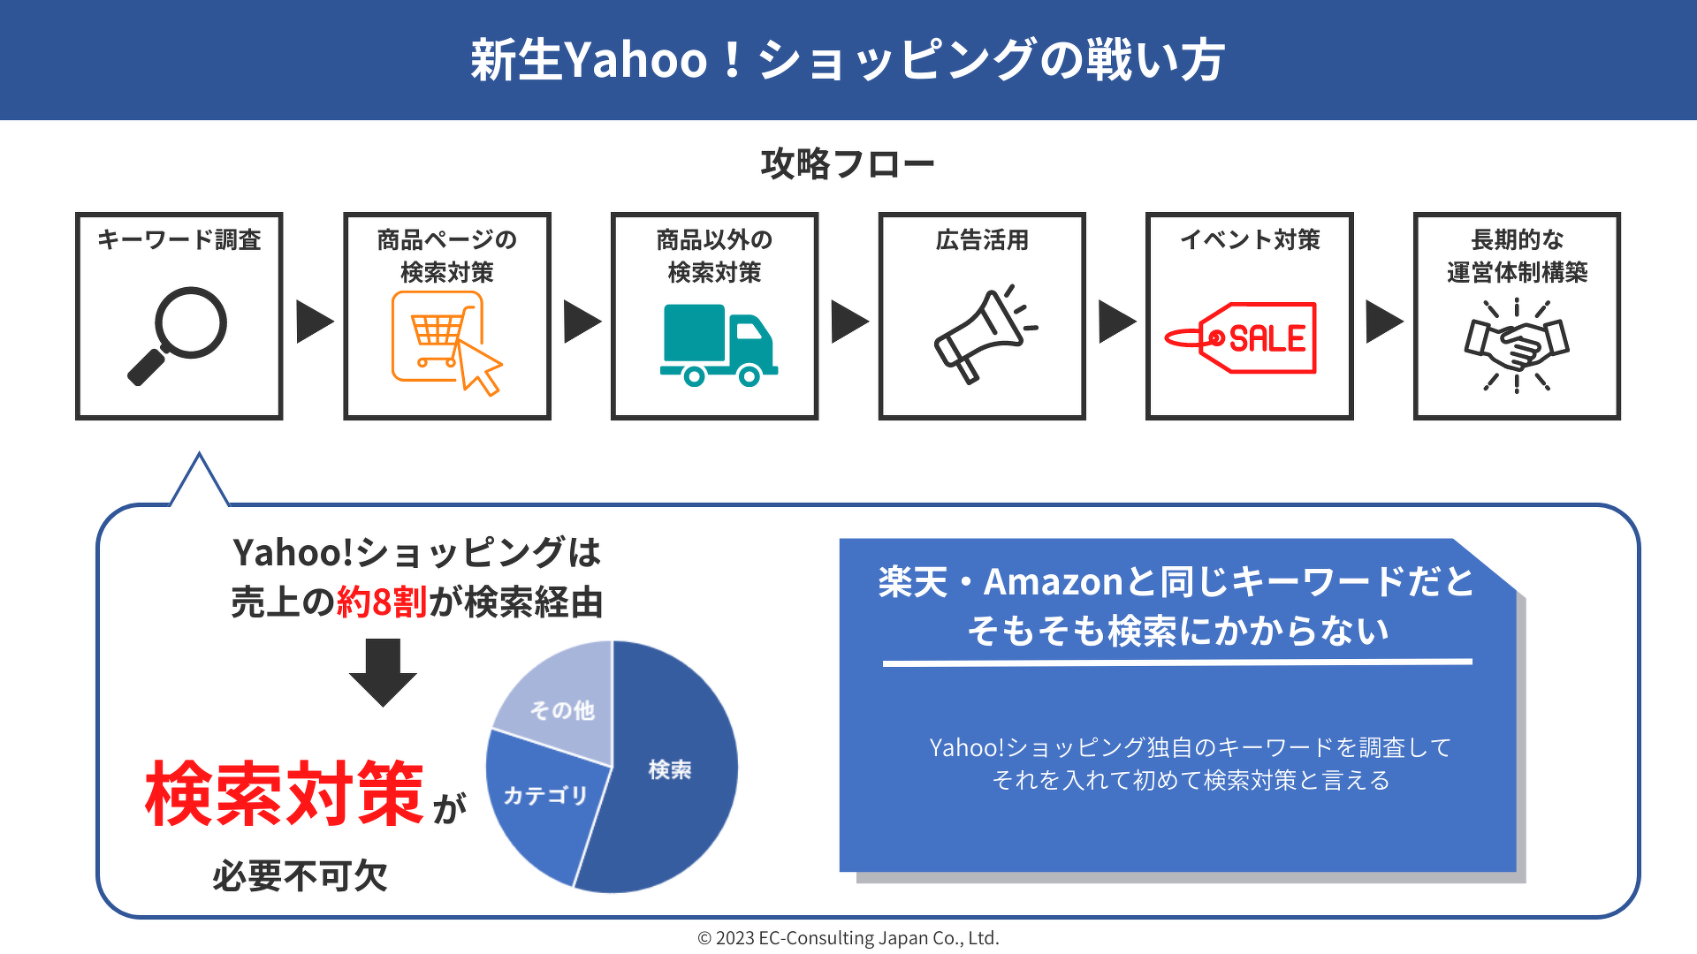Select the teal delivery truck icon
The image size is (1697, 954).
(719, 345)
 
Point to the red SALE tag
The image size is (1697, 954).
(1241, 338)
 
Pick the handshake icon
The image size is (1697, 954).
(1517, 344)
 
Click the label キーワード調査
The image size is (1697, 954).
(179, 239)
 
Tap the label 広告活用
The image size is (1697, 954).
(982, 239)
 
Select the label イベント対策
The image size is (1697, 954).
(1250, 239)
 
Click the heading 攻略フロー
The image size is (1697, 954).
(848, 164)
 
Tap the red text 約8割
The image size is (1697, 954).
(382, 602)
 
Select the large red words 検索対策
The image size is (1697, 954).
(285, 793)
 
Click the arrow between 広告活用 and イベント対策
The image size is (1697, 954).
(1117, 321)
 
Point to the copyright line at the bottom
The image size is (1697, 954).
(848, 938)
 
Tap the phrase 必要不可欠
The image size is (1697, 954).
(301, 876)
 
